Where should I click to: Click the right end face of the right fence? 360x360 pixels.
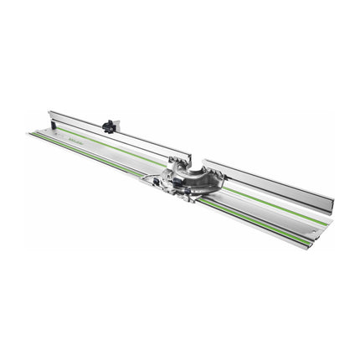click(x=332, y=203)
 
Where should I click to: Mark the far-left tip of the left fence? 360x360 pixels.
click(x=49, y=111)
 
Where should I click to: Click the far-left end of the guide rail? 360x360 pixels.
click(x=28, y=132)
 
